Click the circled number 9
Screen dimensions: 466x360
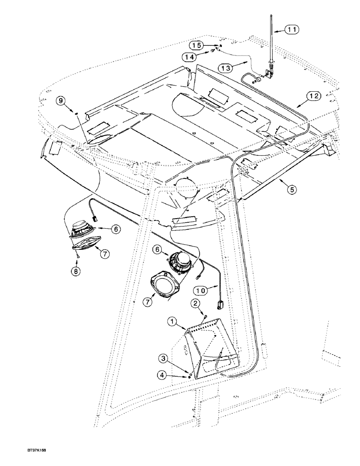pos(61,100)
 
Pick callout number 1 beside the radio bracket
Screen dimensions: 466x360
pos(172,322)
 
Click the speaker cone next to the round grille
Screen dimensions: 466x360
pos(180,262)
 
